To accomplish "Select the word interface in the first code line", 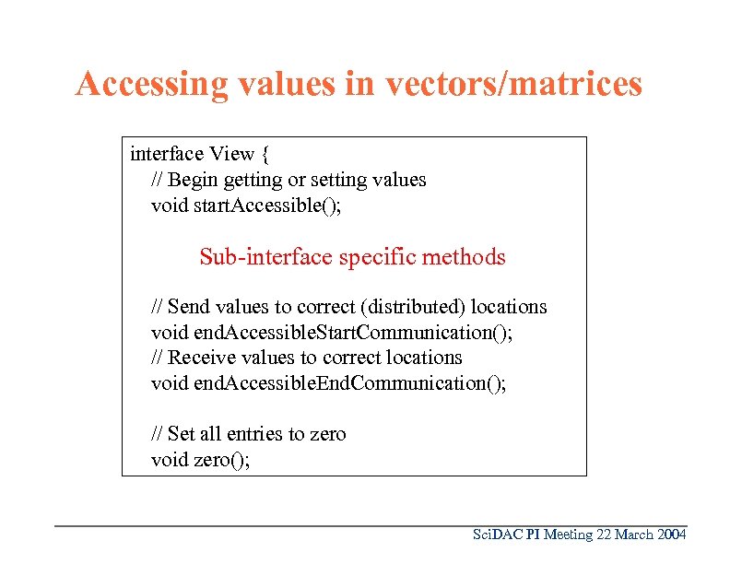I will click(x=167, y=153).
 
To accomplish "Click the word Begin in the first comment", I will click(x=193, y=179).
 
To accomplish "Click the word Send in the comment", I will click(x=190, y=307).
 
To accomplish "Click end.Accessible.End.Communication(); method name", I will click(x=350, y=382).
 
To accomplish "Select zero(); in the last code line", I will click(x=221, y=459).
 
